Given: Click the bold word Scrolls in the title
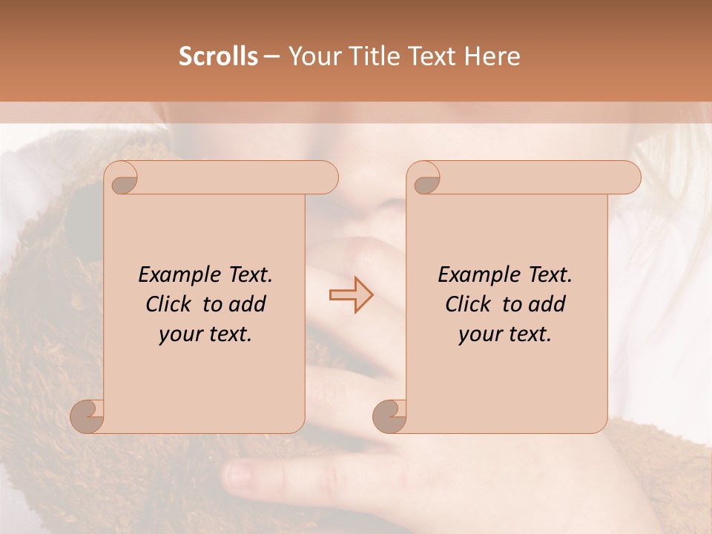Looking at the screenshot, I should [218, 56].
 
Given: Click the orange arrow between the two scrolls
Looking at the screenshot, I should [351, 294].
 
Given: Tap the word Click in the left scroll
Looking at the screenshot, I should [168, 304].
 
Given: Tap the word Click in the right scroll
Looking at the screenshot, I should [467, 304].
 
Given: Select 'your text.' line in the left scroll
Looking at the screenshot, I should [205, 334].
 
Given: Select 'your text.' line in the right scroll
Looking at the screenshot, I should [505, 334].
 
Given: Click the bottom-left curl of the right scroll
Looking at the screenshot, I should [390, 415].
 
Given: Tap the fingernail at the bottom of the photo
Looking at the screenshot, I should [239, 475].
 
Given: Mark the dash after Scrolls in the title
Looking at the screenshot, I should [271, 56].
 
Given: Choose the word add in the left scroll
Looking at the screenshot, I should [248, 304].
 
